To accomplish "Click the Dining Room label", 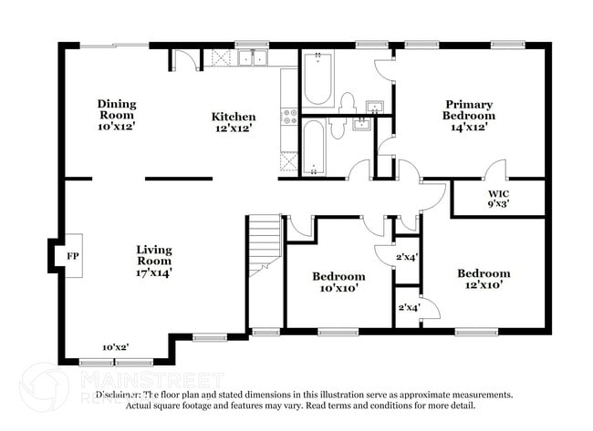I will (x=116, y=109).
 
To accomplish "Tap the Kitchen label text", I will (x=234, y=117).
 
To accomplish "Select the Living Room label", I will (x=154, y=254).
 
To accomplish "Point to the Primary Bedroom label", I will (x=469, y=109).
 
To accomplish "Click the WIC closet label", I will (x=498, y=193).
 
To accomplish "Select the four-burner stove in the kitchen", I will (x=289, y=116).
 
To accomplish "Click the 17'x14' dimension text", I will (x=154, y=272).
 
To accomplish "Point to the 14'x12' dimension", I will (x=469, y=128).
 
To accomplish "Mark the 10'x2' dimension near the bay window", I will (x=115, y=347).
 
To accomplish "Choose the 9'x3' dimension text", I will (x=498, y=204).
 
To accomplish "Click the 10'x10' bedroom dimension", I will (x=338, y=288).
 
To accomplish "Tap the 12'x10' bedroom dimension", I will (x=484, y=285).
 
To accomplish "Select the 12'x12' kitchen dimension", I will (x=234, y=128).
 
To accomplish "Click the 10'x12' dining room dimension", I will (x=116, y=127).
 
